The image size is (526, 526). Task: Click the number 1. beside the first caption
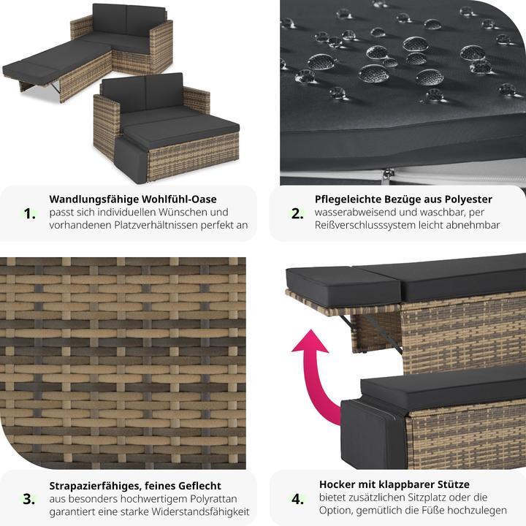point(30,213)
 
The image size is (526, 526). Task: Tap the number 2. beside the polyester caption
point(297,213)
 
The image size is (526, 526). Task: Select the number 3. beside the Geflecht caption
point(28,499)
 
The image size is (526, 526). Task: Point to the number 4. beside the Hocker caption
point(297,499)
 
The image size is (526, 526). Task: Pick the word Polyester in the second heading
point(468,199)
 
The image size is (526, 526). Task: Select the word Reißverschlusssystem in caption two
point(370,225)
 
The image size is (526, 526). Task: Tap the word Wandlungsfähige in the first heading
point(94,199)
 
